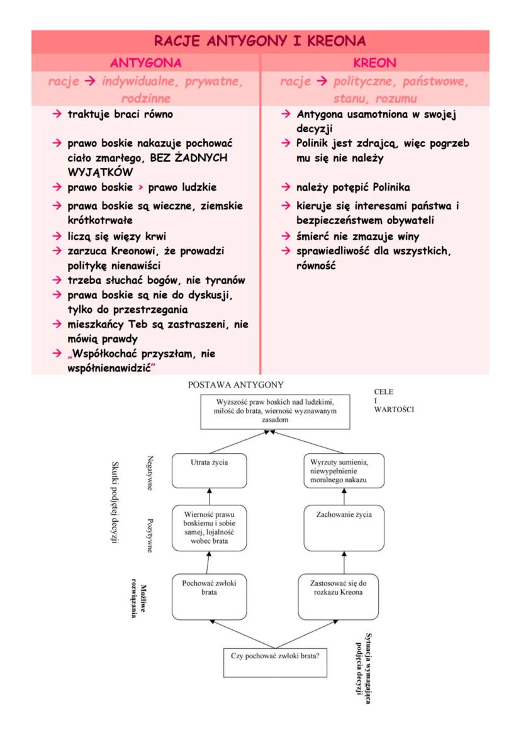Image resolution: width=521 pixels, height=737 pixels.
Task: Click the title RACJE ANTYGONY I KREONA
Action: click(260, 42)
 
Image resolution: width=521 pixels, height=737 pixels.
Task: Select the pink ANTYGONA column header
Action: click(146, 63)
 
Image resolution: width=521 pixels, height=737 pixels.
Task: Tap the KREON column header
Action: click(374, 63)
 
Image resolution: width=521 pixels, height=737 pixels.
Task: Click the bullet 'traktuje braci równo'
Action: click(120, 115)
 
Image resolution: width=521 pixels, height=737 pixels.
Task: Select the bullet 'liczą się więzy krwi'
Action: click(116, 237)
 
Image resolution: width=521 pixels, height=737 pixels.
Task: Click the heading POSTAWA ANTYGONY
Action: click(236, 385)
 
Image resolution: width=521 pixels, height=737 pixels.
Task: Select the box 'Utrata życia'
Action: click(209, 470)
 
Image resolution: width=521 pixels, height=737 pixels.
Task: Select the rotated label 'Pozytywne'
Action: click(150, 535)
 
